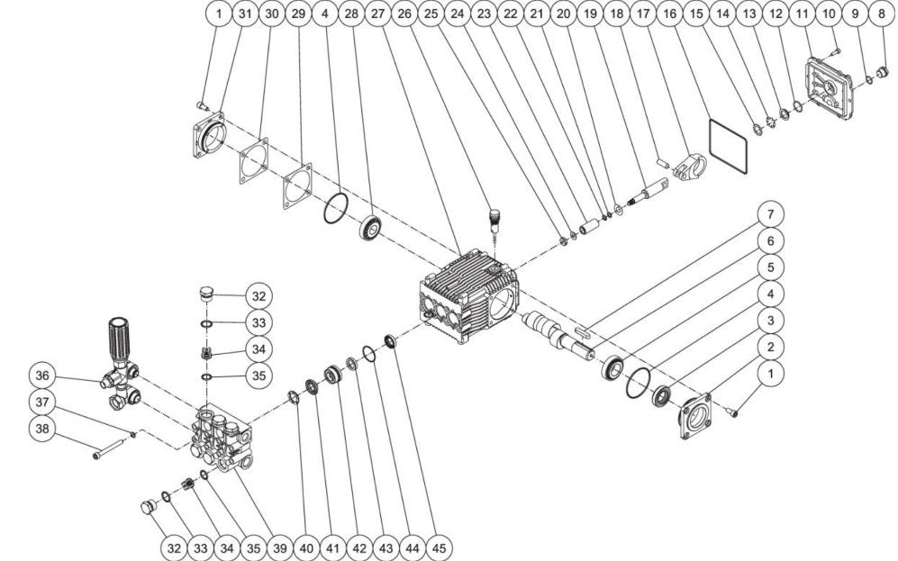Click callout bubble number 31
pyautogui.click(x=245, y=14)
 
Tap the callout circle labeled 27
pyautogui.click(x=378, y=14)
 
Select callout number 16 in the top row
pyautogui.click(x=669, y=14)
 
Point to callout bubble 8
pyautogui.click(x=882, y=14)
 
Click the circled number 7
pyautogui.click(x=770, y=214)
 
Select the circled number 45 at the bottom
pyautogui.click(x=439, y=547)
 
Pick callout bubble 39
pyautogui.click(x=279, y=547)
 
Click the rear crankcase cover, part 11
pyautogui.click(x=831, y=88)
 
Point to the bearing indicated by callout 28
pyautogui.click(x=371, y=229)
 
